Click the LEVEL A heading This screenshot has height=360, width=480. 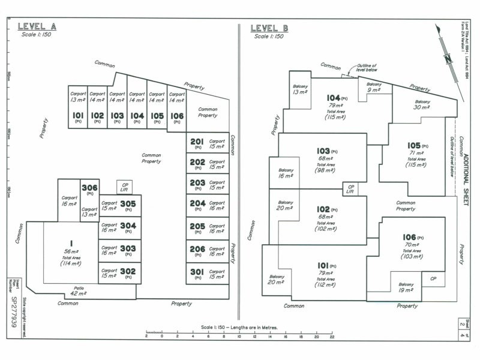point(37,26)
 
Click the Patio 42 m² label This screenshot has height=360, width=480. point(77,290)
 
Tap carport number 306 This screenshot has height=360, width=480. point(90,189)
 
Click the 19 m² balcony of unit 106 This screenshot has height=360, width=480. point(406,287)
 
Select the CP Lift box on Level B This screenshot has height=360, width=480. point(350,188)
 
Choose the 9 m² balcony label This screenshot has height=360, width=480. point(374,88)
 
